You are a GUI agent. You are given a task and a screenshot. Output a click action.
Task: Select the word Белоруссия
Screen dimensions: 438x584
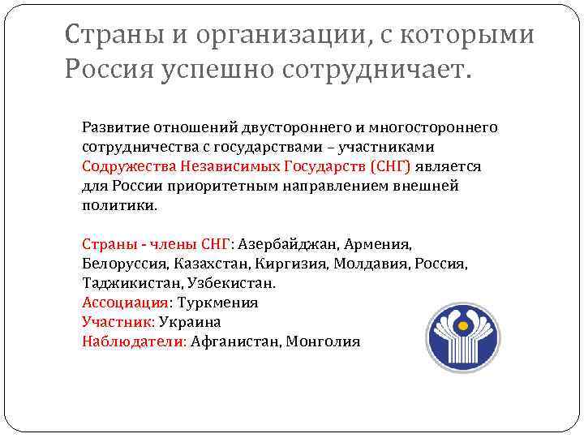(x=124, y=264)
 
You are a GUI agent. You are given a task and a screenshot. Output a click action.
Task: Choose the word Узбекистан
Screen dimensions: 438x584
(x=231, y=283)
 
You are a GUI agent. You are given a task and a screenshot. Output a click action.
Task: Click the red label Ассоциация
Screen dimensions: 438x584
(x=126, y=303)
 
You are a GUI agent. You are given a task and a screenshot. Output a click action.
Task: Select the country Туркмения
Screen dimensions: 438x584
(x=217, y=303)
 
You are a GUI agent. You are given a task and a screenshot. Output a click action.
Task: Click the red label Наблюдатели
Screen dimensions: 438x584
(x=134, y=341)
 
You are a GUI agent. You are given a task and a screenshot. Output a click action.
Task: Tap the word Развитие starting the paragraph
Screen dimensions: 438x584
(x=114, y=127)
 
